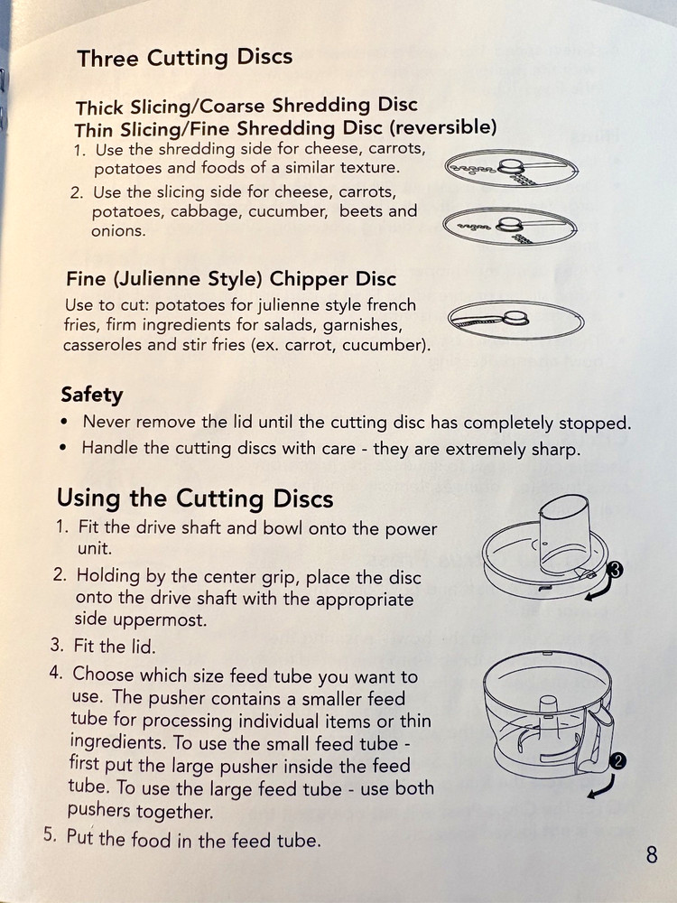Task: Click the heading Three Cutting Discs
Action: pyautogui.click(x=185, y=58)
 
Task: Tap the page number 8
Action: pyautogui.click(x=651, y=854)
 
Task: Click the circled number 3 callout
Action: pyautogui.click(x=616, y=570)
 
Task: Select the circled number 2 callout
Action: pyautogui.click(x=617, y=761)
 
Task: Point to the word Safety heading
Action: pyautogui.click(x=92, y=396)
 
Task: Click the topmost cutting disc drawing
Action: pyautogui.click(x=511, y=168)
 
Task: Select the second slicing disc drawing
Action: pyautogui.click(x=509, y=226)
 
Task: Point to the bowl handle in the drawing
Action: pyautogui.click(x=598, y=740)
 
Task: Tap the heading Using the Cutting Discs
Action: pyautogui.click(x=195, y=498)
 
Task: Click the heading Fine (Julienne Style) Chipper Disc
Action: pyautogui.click(x=231, y=279)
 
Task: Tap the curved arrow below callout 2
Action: pyautogui.click(x=602, y=787)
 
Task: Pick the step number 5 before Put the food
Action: pyautogui.click(x=50, y=834)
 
